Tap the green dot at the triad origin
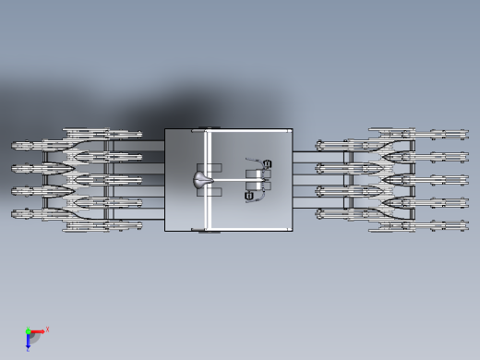tap(28, 331)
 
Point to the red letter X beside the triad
tap(47, 329)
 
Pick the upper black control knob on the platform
tap(268, 164)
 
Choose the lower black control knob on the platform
tap(249, 196)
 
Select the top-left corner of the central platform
tap(165, 129)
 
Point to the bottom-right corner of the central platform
tap(293, 230)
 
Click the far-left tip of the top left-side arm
tap(13, 146)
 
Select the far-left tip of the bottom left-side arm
tap(13, 214)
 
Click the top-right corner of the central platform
tap(293, 129)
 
